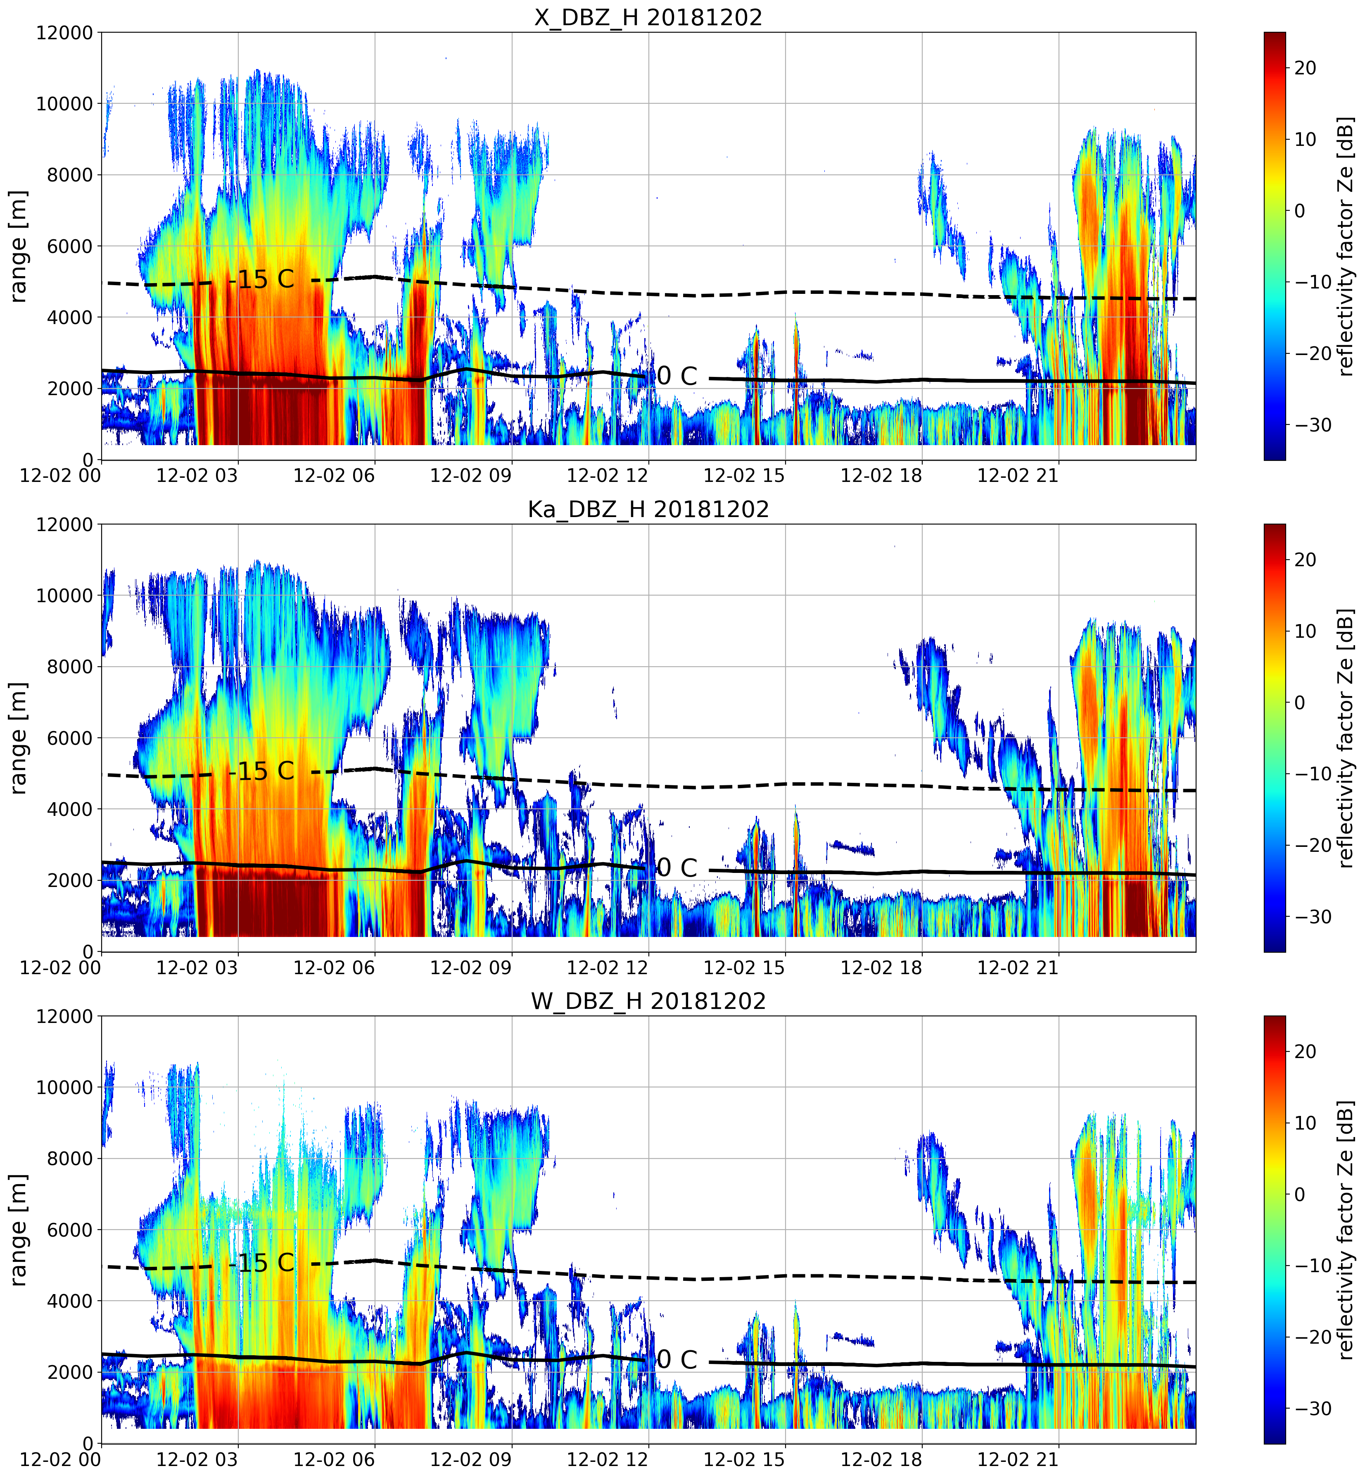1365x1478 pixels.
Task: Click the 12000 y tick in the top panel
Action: click(64, 33)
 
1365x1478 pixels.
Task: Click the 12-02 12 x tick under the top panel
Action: click(607, 475)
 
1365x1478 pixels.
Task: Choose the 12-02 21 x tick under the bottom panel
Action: click(1018, 1459)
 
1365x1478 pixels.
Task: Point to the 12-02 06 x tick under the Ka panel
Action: click(334, 967)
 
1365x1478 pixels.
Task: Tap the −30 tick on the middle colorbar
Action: click(1312, 917)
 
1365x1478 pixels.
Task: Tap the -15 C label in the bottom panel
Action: click(262, 1263)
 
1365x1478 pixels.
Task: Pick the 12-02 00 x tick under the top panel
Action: click(61, 475)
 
